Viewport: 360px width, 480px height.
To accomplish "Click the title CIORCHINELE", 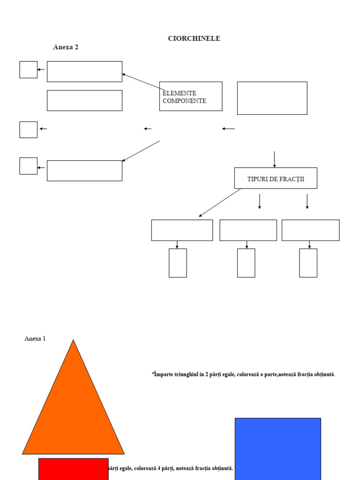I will pyautogui.click(x=194, y=38).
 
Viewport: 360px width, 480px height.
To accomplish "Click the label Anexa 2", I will pyautogui.click(x=66, y=47).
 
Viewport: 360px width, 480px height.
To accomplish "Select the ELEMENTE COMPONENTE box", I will pyautogui.click(x=191, y=96).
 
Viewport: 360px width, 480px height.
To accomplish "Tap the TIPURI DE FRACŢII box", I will pyautogui.click(x=276, y=178).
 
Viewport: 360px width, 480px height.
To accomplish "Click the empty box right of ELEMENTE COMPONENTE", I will pyautogui.click(x=272, y=98).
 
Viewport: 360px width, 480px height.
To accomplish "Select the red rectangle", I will pyautogui.click(x=73, y=469).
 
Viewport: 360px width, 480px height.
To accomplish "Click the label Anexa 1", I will pyautogui.click(x=35, y=338).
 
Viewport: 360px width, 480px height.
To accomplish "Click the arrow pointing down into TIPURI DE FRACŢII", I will pyautogui.click(x=274, y=159).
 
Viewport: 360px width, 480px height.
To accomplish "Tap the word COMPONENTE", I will pyautogui.click(x=184, y=101).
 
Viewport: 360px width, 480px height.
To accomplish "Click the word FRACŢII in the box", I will pyautogui.click(x=292, y=179).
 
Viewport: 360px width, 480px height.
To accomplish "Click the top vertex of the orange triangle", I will pyautogui.click(x=74, y=341).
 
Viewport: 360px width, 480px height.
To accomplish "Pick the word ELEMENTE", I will pyautogui.click(x=180, y=93).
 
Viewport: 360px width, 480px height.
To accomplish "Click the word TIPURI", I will pyautogui.click(x=258, y=179).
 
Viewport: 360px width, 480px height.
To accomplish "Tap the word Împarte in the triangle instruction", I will pyautogui.click(x=162, y=375).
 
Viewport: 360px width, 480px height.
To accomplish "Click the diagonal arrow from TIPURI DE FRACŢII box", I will pyautogui.click(x=220, y=202).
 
